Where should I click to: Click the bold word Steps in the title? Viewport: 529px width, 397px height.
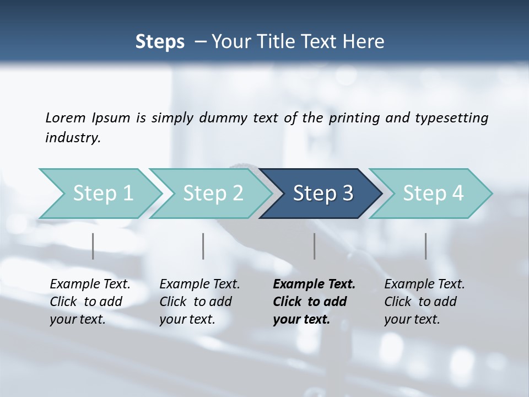click(x=160, y=42)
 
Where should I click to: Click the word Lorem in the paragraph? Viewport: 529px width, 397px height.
click(x=65, y=117)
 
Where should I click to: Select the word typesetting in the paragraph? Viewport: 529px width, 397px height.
click(x=452, y=117)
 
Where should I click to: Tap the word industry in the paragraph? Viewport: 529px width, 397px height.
click(x=73, y=138)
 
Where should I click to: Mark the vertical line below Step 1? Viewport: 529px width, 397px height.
click(x=93, y=246)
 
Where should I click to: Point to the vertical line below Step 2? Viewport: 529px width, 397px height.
click(x=203, y=246)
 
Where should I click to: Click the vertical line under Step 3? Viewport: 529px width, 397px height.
click(x=314, y=246)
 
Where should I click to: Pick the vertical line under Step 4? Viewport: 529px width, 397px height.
click(x=425, y=246)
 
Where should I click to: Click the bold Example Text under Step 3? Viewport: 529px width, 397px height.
click(x=314, y=285)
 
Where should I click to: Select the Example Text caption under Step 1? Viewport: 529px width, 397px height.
click(x=90, y=285)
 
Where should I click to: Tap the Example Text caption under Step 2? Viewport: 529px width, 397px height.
click(x=199, y=285)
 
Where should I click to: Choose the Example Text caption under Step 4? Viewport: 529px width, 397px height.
click(x=424, y=285)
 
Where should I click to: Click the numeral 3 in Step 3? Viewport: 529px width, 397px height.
click(x=347, y=194)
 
